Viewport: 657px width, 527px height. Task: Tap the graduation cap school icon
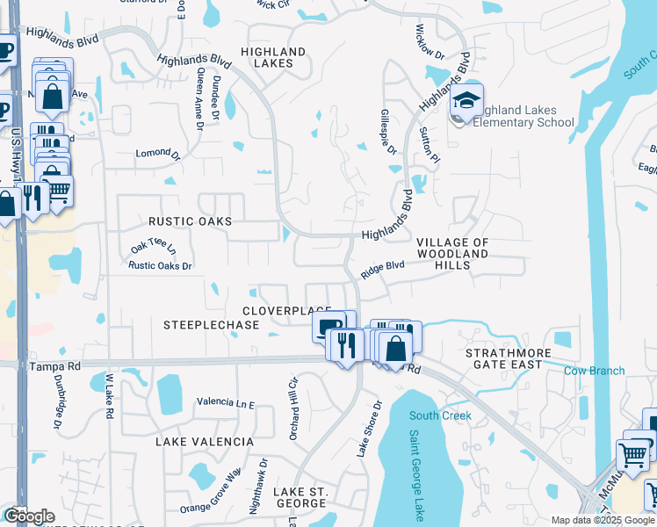coord(468,100)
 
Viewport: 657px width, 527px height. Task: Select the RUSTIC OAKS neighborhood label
coord(190,222)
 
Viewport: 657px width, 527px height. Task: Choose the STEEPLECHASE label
coord(212,325)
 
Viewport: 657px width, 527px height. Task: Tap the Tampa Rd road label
coord(54,365)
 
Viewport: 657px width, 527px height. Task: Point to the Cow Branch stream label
coord(595,371)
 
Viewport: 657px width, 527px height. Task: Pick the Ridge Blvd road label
coord(382,269)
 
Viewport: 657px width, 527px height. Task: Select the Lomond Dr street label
coord(157,154)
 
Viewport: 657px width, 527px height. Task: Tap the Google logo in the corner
coord(28,516)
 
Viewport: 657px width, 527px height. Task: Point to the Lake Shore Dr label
coord(369,429)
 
